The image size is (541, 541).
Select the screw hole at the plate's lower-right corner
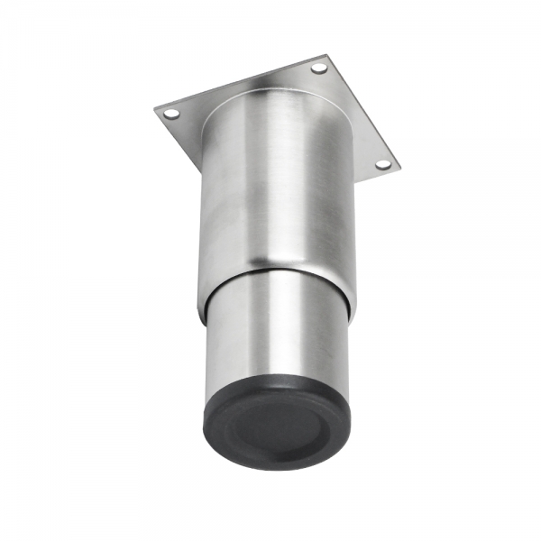(381, 165)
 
